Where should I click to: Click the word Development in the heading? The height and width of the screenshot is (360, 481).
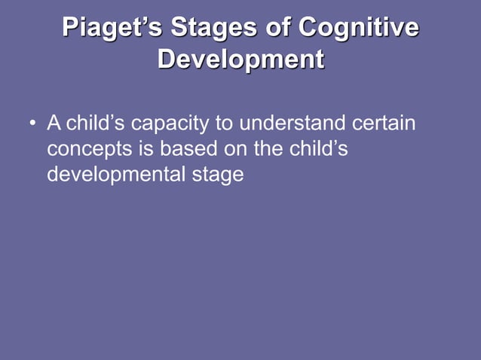[x=240, y=59]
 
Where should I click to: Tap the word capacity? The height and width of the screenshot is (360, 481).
[x=171, y=124]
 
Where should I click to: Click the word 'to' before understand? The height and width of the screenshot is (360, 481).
[x=225, y=122]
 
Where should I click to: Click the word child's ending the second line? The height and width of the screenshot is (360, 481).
[x=319, y=148]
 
